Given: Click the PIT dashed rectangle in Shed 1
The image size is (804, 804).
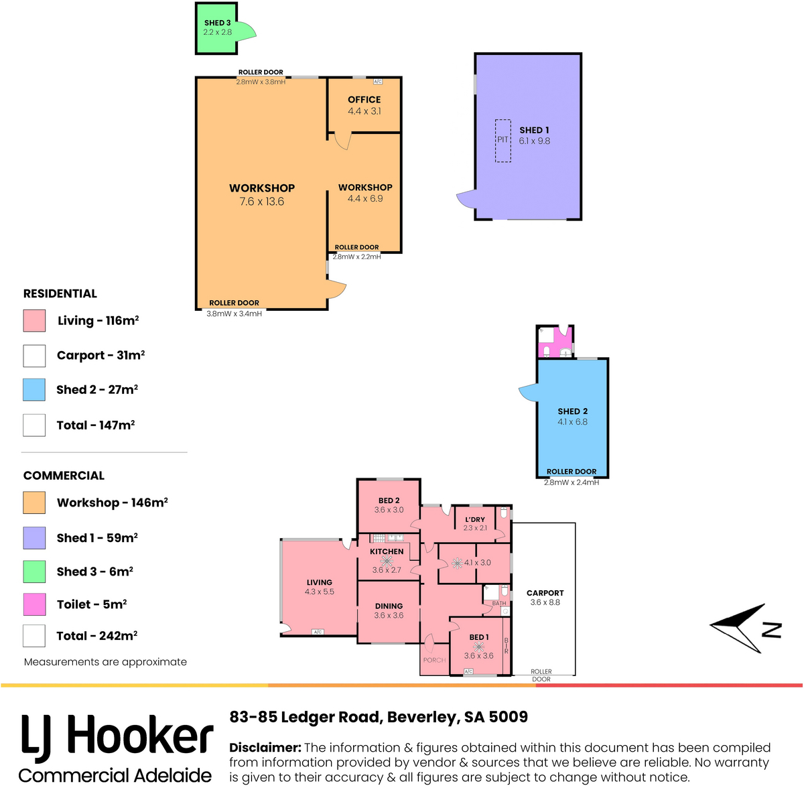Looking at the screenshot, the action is pos(503,141).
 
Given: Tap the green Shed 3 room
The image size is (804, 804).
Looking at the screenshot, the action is pos(216,28).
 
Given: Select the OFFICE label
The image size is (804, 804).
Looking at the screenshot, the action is pos(364,100).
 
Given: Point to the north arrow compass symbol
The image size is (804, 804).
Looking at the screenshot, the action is pos(745,628).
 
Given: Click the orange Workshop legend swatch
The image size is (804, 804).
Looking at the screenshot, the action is pos(34,503).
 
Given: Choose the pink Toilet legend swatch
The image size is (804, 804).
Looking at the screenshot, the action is pos(34,604).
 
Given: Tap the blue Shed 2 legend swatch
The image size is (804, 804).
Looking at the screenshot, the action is pos(34,390).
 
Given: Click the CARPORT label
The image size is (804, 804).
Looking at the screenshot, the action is pos(545,593).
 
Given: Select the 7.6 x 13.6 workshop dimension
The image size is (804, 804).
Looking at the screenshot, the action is pos(261,202).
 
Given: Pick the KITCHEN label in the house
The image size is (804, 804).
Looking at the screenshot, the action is pos(387,551).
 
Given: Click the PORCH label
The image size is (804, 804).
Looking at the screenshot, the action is pos(434,660).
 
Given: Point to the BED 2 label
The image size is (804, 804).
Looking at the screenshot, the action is pos(389,500).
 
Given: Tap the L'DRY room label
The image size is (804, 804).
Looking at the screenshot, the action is pos(475,519).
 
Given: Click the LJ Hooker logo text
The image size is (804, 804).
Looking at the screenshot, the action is pos(117,738).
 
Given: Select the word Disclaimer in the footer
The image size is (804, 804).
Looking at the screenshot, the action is pos(265,747).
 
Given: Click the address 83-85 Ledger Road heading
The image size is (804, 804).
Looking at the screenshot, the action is pos(379,717).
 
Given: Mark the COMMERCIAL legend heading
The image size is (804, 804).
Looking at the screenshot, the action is pos(64,476).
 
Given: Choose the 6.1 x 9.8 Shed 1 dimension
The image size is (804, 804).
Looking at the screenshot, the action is pos(535,141).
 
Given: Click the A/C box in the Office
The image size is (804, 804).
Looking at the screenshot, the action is pos(378,81).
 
